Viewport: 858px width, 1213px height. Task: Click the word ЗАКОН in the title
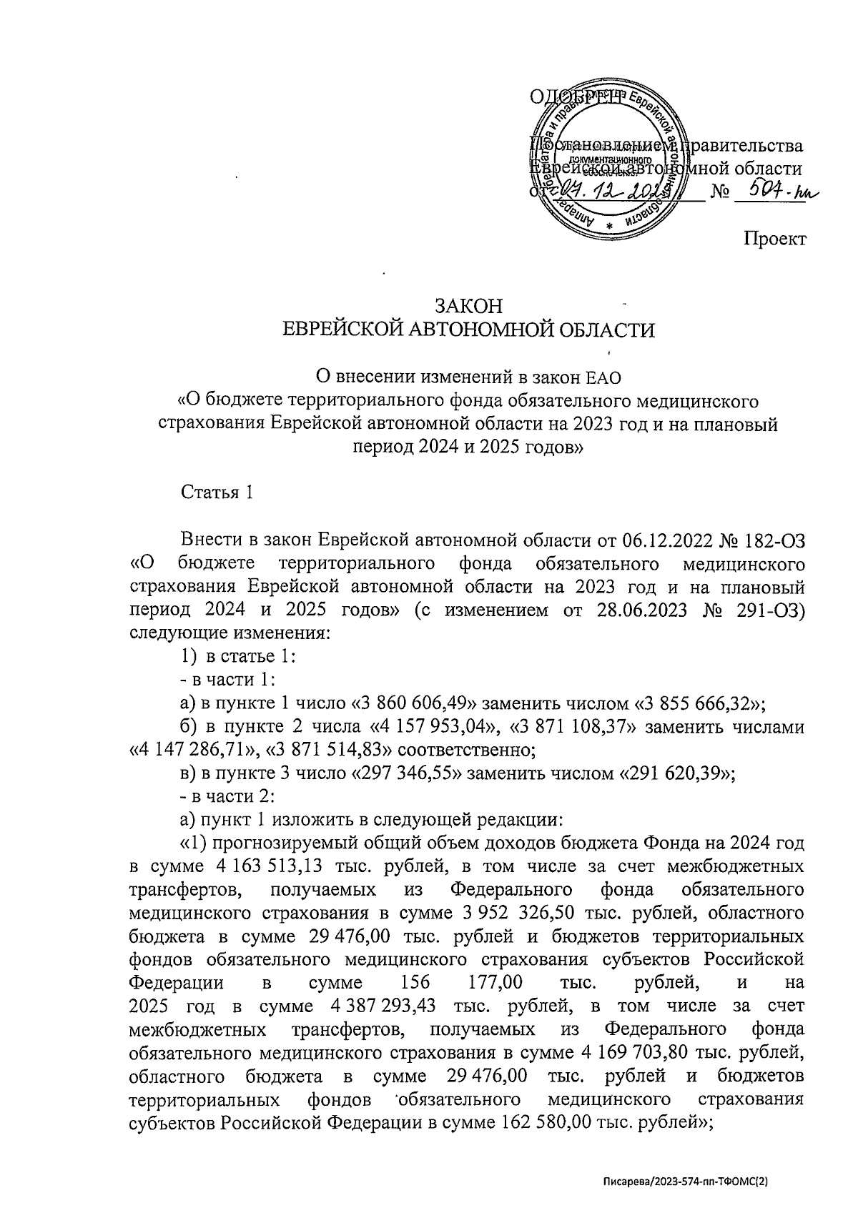(x=470, y=306)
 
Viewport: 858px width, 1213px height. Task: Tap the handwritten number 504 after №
(x=775, y=190)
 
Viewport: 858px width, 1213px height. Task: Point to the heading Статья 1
(x=217, y=492)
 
